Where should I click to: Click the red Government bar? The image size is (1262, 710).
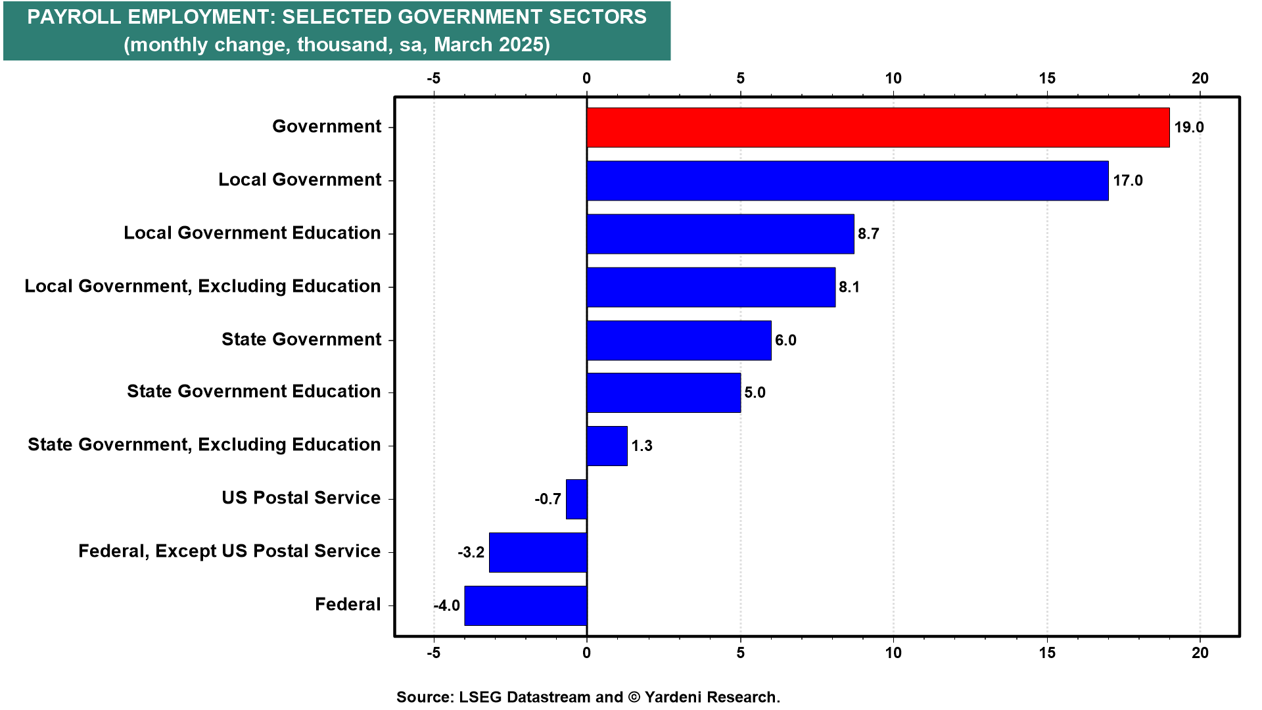tap(877, 128)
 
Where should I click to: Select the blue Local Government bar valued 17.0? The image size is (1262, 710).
tap(847, 181)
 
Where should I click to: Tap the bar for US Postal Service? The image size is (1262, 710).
tap(576, 499)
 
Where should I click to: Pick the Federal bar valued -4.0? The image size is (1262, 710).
tap(525, 605)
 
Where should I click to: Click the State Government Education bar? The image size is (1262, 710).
tap(663, 393)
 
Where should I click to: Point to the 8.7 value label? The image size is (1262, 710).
tap(868, 234)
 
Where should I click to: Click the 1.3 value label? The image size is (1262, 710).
tap(642, 446)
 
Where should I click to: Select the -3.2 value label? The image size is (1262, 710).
tap(471, 552)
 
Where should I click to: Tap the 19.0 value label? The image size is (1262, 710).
tap(1189, 128)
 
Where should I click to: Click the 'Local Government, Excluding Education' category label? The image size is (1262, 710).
tap(202, 286)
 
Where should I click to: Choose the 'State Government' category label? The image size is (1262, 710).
tap(301, 339)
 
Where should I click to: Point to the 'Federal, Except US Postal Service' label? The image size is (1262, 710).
tap(229, 551)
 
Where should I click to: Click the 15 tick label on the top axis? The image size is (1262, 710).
tap(1047, 78)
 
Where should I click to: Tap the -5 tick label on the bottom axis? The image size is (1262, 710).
tap(433, 653)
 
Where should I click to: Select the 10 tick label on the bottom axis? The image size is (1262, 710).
tap(893, 653)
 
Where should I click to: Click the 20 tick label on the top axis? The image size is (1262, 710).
tap(1200, 78)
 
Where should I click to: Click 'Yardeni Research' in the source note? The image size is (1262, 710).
tap(711, 697)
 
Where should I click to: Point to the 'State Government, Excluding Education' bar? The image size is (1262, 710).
tap(607, 446)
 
